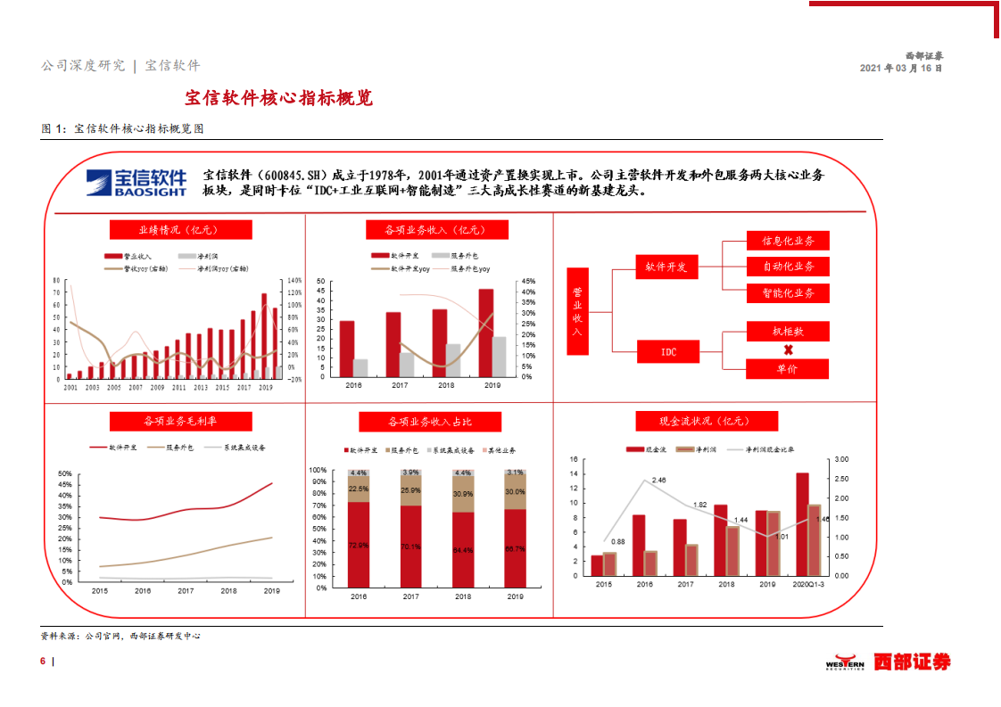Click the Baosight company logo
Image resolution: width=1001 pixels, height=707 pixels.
[137, 182]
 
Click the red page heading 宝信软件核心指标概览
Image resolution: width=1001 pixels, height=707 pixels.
[278, 98]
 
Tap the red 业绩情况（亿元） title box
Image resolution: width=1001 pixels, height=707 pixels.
[181, 230]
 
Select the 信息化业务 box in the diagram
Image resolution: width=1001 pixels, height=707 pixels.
[788, 241]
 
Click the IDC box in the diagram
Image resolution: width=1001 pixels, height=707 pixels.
[668, 352]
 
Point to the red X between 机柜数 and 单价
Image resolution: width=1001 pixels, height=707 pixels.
[788, 350]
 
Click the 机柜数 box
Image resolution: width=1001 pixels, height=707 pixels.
[788, 331]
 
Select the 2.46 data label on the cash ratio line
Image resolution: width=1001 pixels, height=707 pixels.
[658, 481]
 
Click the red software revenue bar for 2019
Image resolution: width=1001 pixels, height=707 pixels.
[486, 332]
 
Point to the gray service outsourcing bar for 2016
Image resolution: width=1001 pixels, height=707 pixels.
[360, 367]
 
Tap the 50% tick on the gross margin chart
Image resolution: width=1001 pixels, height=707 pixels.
[64, 473]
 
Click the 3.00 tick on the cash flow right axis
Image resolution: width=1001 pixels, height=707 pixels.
[842, 459]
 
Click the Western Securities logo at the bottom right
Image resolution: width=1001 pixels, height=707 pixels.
[887, 662]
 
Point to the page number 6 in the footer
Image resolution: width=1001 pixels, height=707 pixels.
[43, 662]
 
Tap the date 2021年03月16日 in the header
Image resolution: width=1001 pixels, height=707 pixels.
[900, 68]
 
